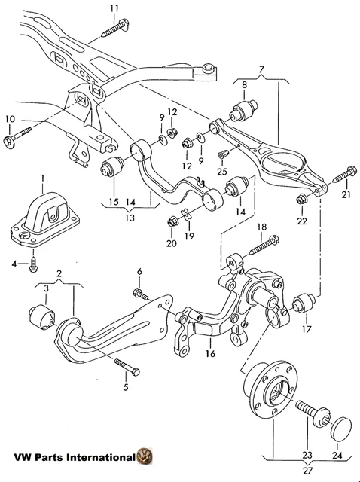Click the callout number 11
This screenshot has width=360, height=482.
(x=114, y=8)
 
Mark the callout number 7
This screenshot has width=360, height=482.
(x=261, y=70)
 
